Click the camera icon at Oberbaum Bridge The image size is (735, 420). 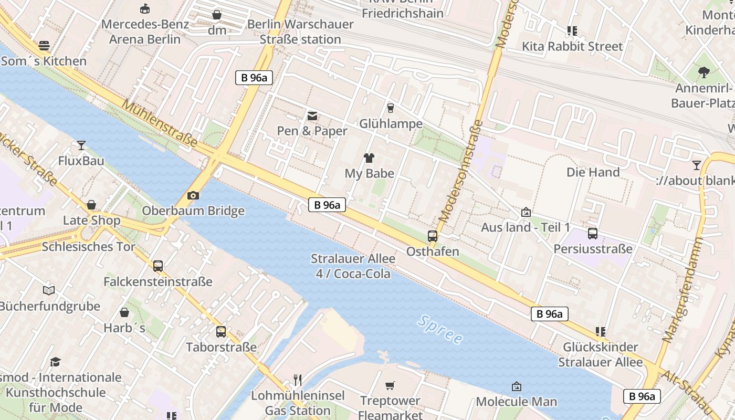(x=193, y=196)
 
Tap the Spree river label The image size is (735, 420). (x=440, y=329)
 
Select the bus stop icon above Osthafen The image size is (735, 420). (x=433, y=236)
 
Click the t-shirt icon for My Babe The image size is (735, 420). (x=369, y=157)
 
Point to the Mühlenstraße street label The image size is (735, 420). (x=160, y=124)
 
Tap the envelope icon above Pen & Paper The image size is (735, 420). (x=312, y=115)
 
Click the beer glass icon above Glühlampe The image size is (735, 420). (x=390, y=108)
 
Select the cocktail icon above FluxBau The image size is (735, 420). (x=81, y=145)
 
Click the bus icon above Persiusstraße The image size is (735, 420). (x=593, y=234)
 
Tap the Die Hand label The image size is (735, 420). (x=593, y=172)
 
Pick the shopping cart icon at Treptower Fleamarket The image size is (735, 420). (x=390, y=386)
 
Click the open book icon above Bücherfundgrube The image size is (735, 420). (x=49, y=290)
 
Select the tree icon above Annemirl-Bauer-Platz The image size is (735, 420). (x=703, y=72)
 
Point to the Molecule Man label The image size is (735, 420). (x=516, y=402)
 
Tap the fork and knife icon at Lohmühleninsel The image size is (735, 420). (x=298, y=380)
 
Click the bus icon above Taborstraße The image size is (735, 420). (x=221, y=332)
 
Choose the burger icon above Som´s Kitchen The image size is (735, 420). (x=44, y=46)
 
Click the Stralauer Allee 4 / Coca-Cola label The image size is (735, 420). (x=353, y=266)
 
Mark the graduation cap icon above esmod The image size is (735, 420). (x=55, y=362)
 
